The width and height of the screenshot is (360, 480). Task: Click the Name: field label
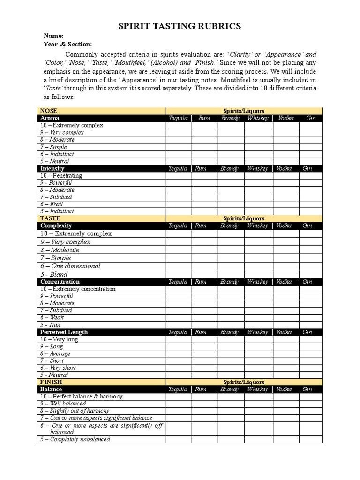[53, 36]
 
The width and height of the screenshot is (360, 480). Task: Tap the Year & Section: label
[67, 44]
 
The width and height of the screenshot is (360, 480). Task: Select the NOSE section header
[49, 111]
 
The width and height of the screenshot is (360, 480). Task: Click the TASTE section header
[50, 218]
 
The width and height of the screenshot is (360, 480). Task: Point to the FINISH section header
[51, 382]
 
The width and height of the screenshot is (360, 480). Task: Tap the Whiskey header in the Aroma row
[258, 118]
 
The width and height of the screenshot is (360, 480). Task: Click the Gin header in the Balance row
[307, 389]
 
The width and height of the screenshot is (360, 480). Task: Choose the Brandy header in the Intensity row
[230, 168]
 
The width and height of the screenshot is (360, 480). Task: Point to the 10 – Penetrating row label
[61, 176]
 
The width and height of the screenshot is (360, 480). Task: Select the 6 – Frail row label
[52, 204]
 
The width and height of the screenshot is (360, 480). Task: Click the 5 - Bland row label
[54, 274]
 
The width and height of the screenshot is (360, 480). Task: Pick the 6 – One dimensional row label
[70, 266]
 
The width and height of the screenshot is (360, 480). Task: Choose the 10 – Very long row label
[59, 339]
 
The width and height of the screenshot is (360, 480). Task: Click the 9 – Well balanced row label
[63, 404]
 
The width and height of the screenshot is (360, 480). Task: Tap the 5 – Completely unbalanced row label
[75, 439]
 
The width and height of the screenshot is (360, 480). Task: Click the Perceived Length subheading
[64, 332]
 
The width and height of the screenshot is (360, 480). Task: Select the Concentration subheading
[60, 282]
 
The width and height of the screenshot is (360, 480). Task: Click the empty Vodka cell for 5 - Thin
[286, 325]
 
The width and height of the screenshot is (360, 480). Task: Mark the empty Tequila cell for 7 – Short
[178, 360]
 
